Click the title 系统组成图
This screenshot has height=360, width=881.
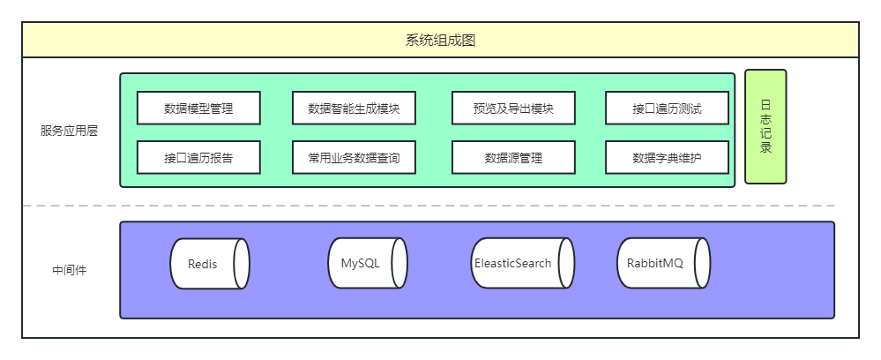[x=440, y=41]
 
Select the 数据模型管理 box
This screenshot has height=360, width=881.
[x=198, y=109]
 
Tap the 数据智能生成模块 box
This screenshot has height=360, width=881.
[x=354, y=109]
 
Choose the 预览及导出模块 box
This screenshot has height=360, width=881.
[x=513, y=109]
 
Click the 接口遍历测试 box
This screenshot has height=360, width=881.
[x=668, y=109]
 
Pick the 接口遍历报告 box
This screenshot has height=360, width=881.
[x=198, y=158]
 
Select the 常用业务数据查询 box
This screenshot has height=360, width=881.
[x=354, y=158]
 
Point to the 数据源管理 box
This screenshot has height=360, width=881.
[x=513, y=158]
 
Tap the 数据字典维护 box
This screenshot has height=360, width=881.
[x=668, y=158]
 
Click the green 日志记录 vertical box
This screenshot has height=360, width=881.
[x=765, y=126]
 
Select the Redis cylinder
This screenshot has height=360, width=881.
[x=204, y=264]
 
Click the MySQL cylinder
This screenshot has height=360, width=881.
[x=361, y=263]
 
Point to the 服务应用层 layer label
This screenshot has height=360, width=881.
[x=69, y=131]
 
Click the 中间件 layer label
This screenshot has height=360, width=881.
[x=69, y=270]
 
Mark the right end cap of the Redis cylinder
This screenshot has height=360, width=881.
[x=241, y=264]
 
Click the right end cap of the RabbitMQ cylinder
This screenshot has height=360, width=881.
[x=700, y=263]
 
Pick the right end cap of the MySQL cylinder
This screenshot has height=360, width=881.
[x=399, y=263]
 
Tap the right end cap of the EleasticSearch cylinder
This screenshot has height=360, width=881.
[x=565, y=263]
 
